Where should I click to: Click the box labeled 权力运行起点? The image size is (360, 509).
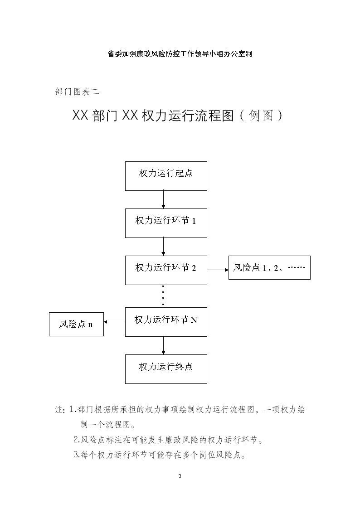(166, 176)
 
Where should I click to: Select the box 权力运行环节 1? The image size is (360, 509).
(166, 223)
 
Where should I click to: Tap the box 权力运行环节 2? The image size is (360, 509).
(166, 270)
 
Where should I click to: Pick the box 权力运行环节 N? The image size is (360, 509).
(166, 322)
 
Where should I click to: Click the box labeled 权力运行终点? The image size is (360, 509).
(166, 369)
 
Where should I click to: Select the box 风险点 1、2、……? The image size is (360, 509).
(269, 267)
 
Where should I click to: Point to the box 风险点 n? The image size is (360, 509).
(76, 324)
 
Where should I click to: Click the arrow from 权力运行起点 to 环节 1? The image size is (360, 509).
(163, 199)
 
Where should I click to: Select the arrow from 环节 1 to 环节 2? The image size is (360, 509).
(163, 247)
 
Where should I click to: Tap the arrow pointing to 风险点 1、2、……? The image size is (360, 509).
(218, 270)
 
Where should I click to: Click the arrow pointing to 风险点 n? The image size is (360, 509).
(115, 322)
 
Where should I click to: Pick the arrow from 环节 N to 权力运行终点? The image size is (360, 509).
(163, 345)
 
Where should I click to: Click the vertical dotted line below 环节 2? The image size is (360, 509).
(163, 296)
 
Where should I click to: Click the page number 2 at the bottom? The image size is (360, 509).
(180, 476)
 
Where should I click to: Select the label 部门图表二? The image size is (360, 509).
(77, 92)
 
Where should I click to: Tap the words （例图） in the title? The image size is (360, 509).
(261, 116)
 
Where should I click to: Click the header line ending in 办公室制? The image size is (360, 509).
(180, 54)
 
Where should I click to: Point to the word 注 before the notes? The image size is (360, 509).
(59, 410)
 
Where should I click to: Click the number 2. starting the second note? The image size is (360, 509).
(77, 440)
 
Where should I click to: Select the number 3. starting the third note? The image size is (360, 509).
(77, 455)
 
